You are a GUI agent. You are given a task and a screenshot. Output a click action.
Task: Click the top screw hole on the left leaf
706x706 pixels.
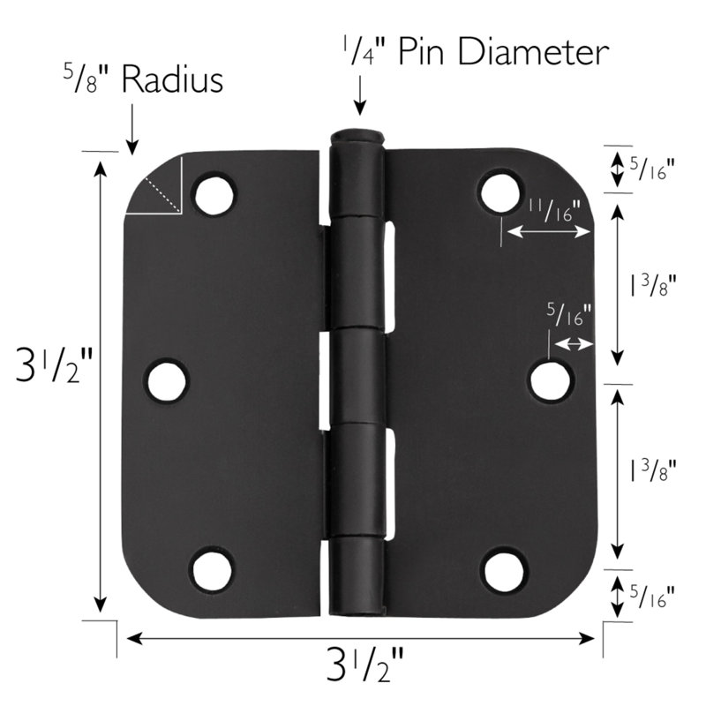coord(214,194)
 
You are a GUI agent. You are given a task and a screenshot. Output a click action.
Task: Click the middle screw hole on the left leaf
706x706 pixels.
coord(168,381)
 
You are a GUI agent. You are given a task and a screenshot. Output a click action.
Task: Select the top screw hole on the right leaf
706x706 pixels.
coord(500,192)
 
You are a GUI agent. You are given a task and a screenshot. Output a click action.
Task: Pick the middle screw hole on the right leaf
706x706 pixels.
coord(550,381)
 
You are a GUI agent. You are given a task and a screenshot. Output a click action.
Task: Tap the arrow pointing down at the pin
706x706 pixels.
coord(359,97)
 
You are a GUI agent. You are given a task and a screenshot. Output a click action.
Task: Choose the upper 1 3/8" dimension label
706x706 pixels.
coord(654,287)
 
